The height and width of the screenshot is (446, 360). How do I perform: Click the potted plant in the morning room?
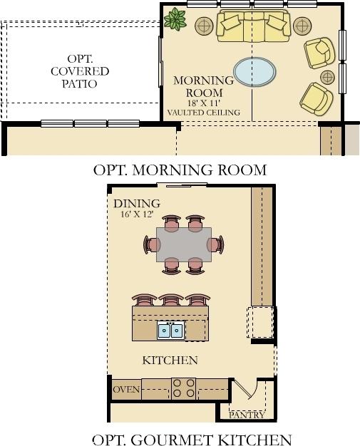pyautogui.click(x=175, y=19)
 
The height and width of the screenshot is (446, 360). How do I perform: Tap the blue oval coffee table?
pyautogui.click(x=254, y=72)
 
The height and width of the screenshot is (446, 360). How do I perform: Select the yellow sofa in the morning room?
pyautogui.click(x=253, y=26)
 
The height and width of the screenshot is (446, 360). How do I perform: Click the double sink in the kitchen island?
pyautogui.click(x=170, y=331)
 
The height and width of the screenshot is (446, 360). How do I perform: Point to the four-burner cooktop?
pyautogui.click(x=184, y=388)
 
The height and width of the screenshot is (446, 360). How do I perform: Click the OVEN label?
pyautogui.click(x=126, y=390)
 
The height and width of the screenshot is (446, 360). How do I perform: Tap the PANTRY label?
pyautogui.click(x=247, y=415)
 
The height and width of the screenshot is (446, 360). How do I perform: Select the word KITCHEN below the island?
pyautogui.click(x=170, y=361)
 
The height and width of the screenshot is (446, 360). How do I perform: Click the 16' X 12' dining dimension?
pyautogui.click(x=137, y=214)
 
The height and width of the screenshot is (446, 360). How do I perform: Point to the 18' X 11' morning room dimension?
pyautogui.click(x=203, y=103)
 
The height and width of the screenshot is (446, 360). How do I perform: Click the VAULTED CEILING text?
pyautogui.click(x=203, y=113)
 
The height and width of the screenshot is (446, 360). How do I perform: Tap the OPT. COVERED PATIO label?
pyautogui.click(x=80, y=71)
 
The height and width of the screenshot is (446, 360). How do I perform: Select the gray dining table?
pyautogui.click(x=184, y=244)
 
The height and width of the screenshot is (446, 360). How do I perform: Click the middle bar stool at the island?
pyautogui.click(x=171, y=300)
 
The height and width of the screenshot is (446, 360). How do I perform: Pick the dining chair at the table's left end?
pyautogui.click(x=151, y=244)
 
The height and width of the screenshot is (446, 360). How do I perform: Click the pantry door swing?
pyautogui.click(x=248, y=389)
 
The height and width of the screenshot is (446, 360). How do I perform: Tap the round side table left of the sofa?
pyautogui.click(x=204, y=26)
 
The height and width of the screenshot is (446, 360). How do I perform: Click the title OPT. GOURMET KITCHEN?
pyautogui.click(x=192, y=440)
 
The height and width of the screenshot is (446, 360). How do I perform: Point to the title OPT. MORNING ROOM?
pyautogui.click(x=180, y=170)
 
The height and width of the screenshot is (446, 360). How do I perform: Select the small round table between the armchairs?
pyautogui.click(x=327, y=77)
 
